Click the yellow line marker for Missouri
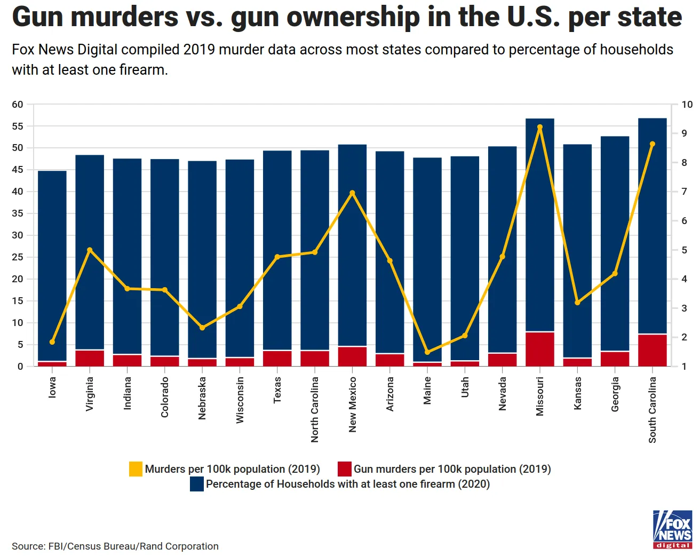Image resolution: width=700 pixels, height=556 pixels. tap(540, 128)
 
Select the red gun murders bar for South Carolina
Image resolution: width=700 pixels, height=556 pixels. tap(652, 350)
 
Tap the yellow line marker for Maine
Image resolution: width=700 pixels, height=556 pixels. tap(427, 352)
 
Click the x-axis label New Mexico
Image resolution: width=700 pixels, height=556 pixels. tap(352, 404)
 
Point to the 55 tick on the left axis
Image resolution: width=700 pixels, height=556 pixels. tap(18, 126)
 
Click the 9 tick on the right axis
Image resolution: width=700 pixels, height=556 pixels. tap(685, 133)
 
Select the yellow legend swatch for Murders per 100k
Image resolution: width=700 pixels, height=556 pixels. tap(136, 469)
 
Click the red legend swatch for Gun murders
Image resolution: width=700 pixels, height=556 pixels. tap(345, 469)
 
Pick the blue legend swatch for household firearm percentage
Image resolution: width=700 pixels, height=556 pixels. tap(197, 484)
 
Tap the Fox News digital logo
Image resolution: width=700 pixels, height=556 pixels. tap(672, 529)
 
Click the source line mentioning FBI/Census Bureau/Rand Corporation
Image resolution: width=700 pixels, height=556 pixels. tap(115, 546)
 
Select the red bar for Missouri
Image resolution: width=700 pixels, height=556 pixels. tap(540, 349)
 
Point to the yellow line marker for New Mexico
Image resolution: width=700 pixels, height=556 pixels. tap(352, 193)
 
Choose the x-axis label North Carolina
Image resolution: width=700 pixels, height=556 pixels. tap(315, 409)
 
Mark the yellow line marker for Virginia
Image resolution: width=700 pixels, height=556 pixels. tap(90, 250)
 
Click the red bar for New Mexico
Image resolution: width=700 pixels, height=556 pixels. tap(352, 356)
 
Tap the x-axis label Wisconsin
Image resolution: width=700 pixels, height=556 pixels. tap(240, 400)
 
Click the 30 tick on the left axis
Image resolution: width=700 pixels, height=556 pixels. tap(18, 235)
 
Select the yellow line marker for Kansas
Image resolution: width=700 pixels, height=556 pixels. tap(577, 303)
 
